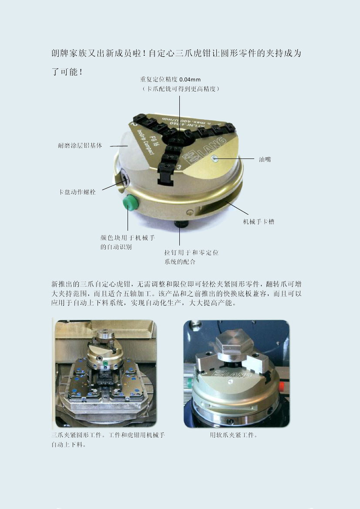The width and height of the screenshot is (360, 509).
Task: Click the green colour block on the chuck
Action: [x=129, y=203]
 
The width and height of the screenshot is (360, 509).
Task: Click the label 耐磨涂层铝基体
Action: [x=80, y=145]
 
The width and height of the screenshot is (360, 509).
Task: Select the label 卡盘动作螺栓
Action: [x=77, y=192]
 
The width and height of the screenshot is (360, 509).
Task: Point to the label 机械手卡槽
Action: [x=258, y=222]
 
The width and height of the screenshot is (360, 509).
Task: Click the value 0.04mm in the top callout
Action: [x=190, y=79]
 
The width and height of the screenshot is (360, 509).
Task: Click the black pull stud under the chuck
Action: [x=179, y=225]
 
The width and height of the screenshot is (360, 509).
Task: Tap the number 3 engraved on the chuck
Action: [x=179, y=167]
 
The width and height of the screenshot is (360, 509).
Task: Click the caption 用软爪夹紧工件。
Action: [x=234, y=435]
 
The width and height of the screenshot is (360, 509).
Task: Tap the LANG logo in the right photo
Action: [x=232, y=374]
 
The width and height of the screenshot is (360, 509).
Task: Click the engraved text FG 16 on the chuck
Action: [x=153, y=142]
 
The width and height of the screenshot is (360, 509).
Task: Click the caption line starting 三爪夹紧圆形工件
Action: [x=108, y=435]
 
